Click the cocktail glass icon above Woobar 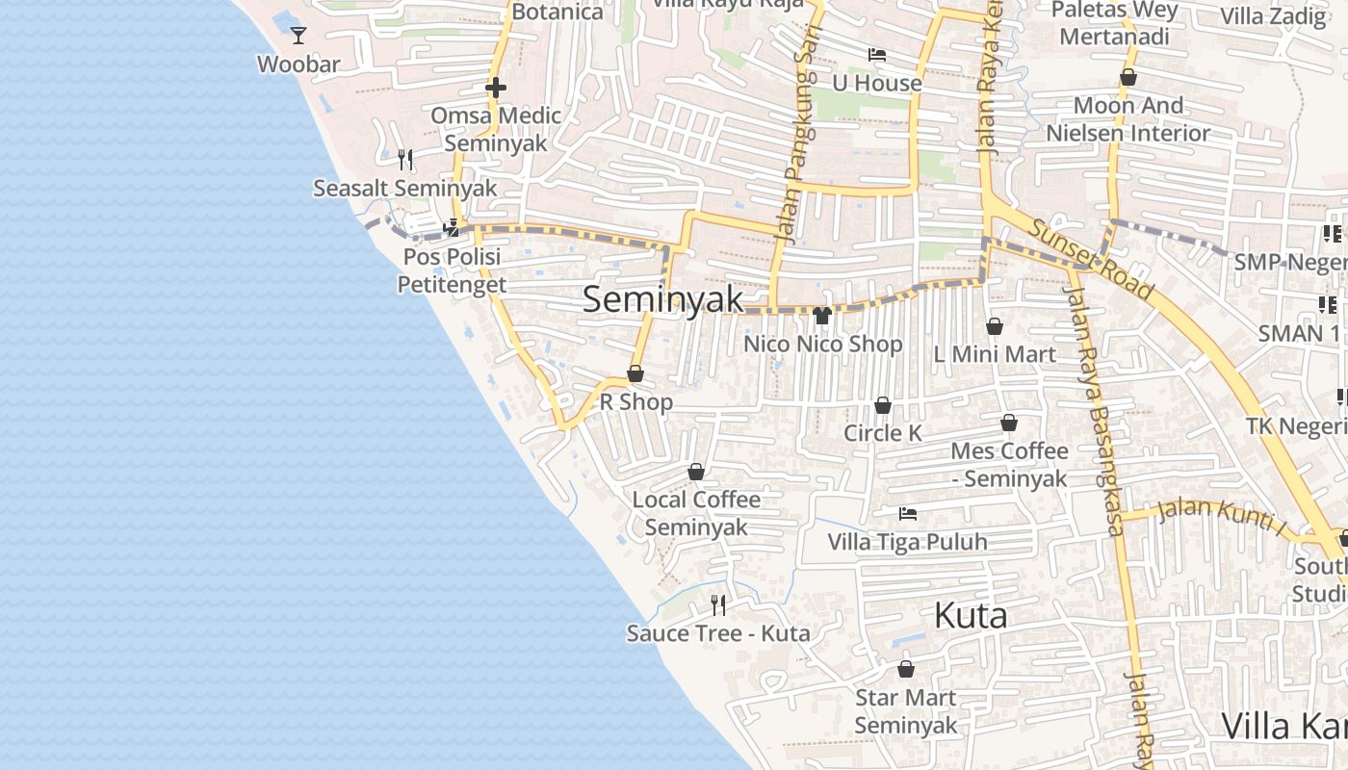pos(298,36)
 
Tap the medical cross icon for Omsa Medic pos(496,89)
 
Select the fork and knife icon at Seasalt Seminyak pos(405,159)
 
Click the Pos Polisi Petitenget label pos(452,270)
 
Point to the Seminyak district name pos(662,299)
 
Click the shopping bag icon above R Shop pos(635,373)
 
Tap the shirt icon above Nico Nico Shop pos(821,316)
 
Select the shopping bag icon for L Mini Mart pos(995,327)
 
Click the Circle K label pos(882,433)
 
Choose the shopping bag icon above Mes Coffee pos(1009,423)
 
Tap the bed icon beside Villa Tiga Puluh pos(907,514)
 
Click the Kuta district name pos(971,616)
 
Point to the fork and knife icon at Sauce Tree pos(717,605)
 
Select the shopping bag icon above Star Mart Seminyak pos(906,669)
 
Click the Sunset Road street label pos(1091,259)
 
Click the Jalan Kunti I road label pos(1222,514)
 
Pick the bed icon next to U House pos(876,55)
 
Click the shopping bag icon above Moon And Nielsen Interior pos(1128,77)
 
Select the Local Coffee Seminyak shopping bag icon pos(696,472)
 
